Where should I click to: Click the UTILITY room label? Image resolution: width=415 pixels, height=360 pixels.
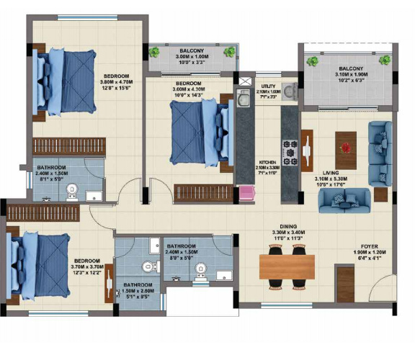click(269, 86)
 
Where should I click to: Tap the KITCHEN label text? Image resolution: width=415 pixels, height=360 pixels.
click(268, 162)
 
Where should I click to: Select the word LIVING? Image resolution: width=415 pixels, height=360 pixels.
click(331, 173)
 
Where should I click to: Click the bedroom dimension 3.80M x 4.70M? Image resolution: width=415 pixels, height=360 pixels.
click(116, 81)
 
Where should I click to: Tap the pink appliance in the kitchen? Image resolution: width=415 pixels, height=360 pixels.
click(247, 192)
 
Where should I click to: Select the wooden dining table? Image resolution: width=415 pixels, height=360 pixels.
click(287, 267)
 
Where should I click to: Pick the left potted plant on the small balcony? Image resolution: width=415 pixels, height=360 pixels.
click(154, 51)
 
